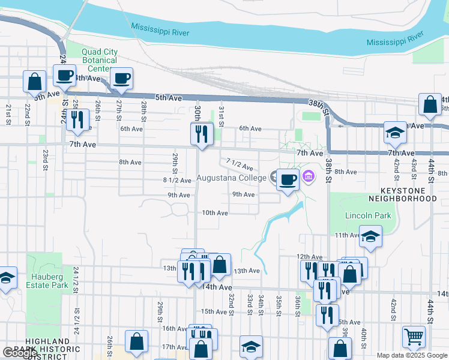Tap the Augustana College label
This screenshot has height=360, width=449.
(231, 178)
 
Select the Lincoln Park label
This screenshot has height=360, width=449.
(368, 215)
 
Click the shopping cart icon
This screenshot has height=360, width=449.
(414, 338)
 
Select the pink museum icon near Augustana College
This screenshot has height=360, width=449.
(309, 176)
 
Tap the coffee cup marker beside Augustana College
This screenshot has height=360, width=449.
(288, 179)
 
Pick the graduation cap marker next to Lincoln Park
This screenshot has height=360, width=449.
(370, 237)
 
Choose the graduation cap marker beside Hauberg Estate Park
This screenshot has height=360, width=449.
(6, 278)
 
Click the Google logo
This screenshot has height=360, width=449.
(19, 353)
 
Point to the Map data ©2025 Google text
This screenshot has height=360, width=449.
(411, 355)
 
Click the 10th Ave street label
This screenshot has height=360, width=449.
(214, 213)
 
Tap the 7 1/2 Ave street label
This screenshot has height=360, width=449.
(240, 164)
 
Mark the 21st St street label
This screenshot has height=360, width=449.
(9, 114)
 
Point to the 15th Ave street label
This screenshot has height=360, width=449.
(213, 311)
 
